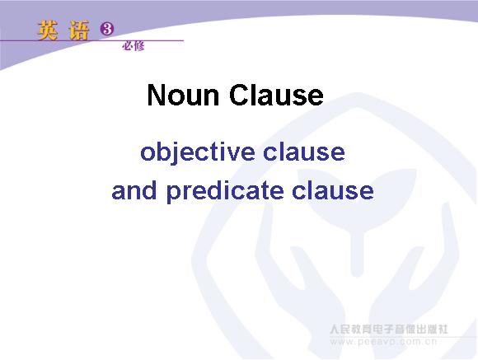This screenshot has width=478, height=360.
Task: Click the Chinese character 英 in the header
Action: point(47,30)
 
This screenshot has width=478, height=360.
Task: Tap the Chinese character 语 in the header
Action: point(79,30)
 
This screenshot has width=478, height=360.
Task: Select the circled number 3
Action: point(106,30)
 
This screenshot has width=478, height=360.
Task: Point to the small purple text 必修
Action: point(134,46)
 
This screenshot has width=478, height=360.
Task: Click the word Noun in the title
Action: point(183,95)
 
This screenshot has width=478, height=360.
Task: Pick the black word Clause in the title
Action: point(276,95)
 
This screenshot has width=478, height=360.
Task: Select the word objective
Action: point(198,152)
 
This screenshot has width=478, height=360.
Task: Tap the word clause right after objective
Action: point(304,152)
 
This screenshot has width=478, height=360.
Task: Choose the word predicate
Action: point(225,192)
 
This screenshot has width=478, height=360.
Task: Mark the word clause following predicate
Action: point(333,191)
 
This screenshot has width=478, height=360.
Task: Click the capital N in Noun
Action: point(156,95)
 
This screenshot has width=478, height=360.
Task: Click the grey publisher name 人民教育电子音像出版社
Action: point(389,330)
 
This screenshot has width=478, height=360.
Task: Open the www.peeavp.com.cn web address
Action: point(383,342)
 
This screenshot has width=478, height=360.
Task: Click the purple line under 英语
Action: point(91,40)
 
